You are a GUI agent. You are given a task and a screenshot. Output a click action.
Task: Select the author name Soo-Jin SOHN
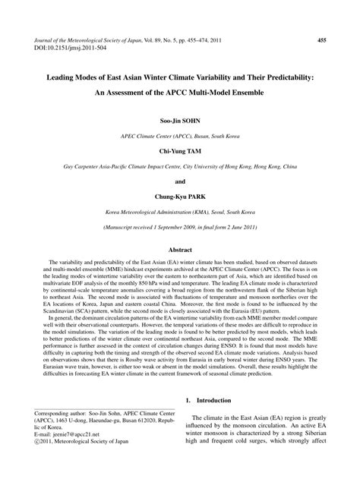180,121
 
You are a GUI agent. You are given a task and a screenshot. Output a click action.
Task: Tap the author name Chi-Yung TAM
180,151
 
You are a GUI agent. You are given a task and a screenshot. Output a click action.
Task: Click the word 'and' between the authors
180,182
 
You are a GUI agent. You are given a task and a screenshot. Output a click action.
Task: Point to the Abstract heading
180,249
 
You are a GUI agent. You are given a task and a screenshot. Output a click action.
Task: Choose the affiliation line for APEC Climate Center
180,136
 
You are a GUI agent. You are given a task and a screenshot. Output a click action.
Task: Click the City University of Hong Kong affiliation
180,166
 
